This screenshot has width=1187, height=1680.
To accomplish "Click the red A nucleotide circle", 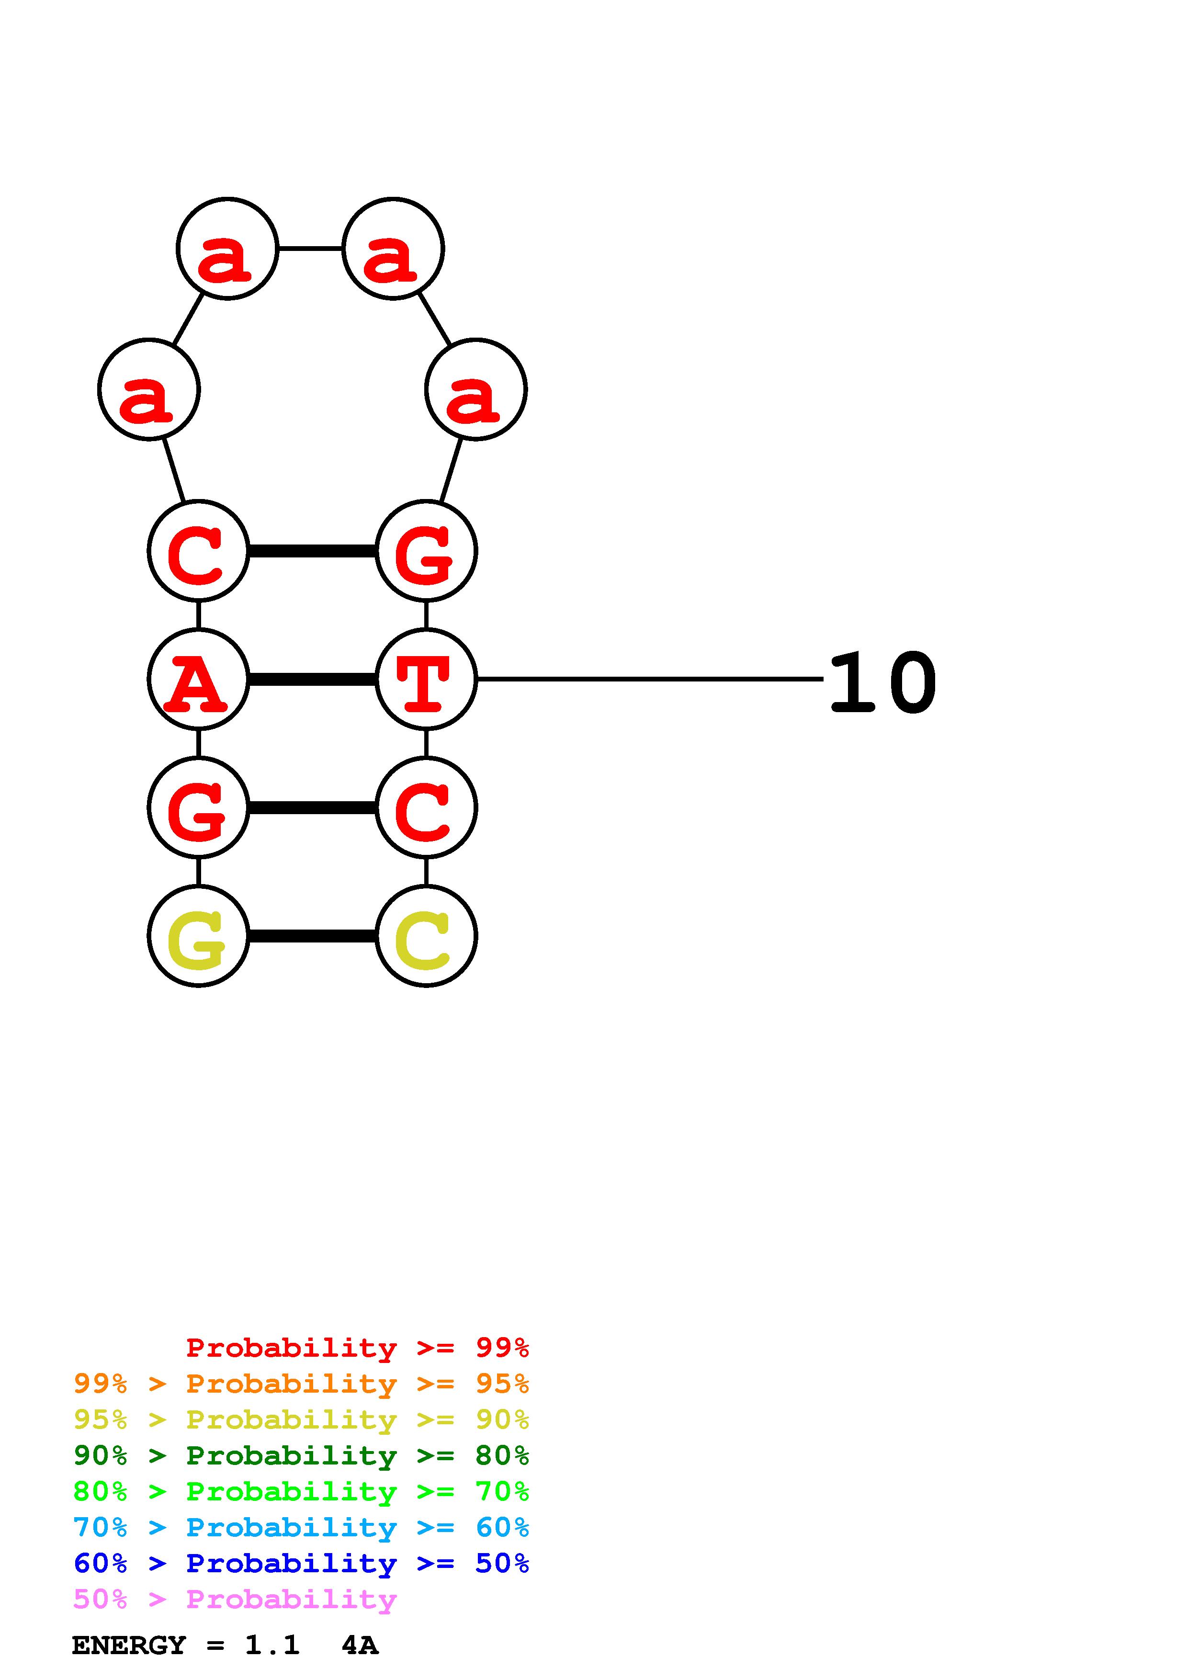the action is point(198,680).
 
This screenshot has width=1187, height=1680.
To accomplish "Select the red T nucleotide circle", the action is point(426,680).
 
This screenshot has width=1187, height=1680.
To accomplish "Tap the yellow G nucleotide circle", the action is point(198,936).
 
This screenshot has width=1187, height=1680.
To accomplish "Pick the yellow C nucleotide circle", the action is point(426,936).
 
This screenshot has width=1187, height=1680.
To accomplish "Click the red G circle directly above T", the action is point(426,551).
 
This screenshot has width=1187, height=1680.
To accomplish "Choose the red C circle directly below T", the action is point(426,808).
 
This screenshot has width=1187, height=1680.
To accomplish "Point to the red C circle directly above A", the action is point(198,551).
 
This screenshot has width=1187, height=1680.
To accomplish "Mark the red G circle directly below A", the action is point(198,808).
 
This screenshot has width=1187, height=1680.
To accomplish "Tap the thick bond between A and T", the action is point(312,680).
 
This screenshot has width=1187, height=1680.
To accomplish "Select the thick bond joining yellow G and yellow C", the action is point(312,936).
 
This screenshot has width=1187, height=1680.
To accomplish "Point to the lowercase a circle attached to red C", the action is point(149,389).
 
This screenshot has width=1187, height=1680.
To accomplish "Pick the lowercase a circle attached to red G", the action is point(476,389).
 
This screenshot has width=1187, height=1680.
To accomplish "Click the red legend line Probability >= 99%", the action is point(357,1347).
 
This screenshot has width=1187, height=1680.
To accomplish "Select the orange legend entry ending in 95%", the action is point(301,1384).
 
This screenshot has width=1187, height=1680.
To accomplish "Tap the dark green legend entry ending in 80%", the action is point(301,1455).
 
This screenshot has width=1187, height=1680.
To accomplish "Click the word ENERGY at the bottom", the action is point(129,1646).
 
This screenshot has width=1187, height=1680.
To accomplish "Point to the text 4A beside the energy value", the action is point(360,1646).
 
